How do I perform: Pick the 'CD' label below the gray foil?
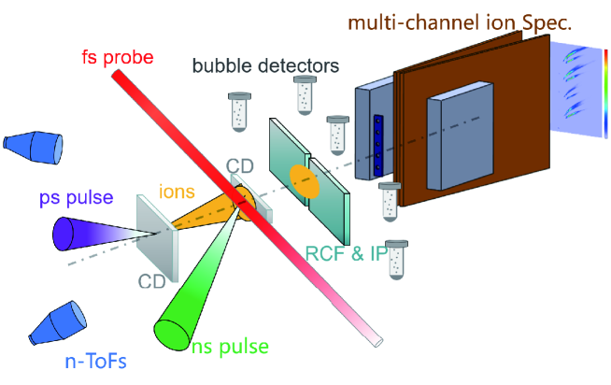pyautogui.click(x=152, y=279)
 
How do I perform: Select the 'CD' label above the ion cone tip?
pyautogui.click(x=240, y=167)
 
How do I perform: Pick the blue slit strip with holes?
pyautogui.click(x=379, y=146)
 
